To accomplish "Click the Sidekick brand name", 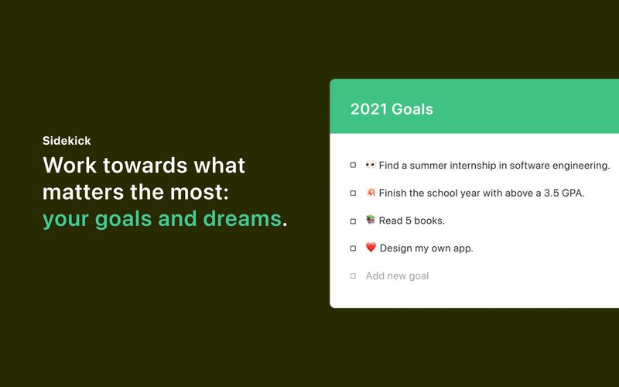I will [67, 141].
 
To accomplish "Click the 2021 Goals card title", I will [392, 109].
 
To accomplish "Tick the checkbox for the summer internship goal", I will [354, 165].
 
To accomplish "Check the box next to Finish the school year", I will [354, 193].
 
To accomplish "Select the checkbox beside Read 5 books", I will [354, 221].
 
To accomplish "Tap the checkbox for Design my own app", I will [354, 248].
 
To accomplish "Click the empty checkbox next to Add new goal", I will [354, 276].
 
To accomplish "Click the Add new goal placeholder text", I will [397, 276].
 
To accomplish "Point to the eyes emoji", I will [371, 165].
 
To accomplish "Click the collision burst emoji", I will [371, 193].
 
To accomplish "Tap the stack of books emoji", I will [371, 221].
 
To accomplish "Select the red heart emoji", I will [371, 248].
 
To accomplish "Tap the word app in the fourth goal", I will [463, 248].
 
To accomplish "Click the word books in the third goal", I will [428, 221].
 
